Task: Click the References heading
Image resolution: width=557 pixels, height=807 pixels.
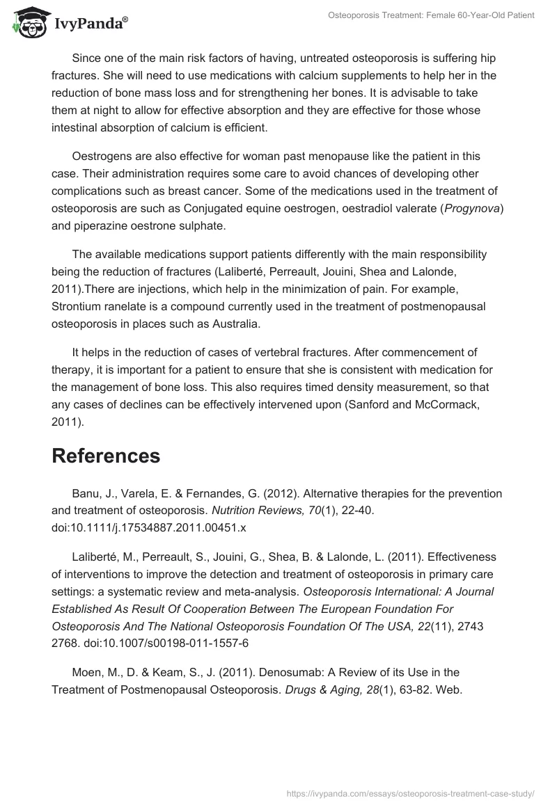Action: click(x=106, y=456)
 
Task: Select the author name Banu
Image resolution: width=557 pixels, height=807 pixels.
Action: click(x=86, y=493)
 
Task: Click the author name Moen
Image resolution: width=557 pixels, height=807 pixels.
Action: click(x=87, y=672)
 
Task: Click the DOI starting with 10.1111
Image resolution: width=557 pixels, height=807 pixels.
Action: click(x=149, y=527)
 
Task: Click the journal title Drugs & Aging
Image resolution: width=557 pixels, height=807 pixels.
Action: click(x=322, y=689)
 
